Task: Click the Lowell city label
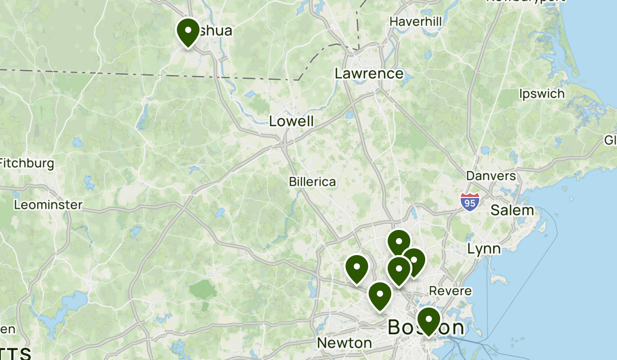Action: (x=291, y=121)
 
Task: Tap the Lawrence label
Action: (x=369, y=74)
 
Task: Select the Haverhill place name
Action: (x=415, y=22)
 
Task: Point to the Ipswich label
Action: (x=541, y=94)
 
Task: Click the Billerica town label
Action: (x=312, y=182)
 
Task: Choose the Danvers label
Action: (x=491, y=176)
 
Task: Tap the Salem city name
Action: (x=512, y=210)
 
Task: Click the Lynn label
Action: (x=484, y=249)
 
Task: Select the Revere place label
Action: (x=450, y=291)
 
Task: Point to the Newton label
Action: (x=344, y=343)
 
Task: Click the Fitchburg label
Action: (x=27, y=164)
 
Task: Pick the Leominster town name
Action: (x=48, y=205)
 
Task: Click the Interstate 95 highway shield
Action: (x=469, y=202)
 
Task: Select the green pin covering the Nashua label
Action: (x=188, y=30)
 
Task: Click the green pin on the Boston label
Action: (x=428, y=320)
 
